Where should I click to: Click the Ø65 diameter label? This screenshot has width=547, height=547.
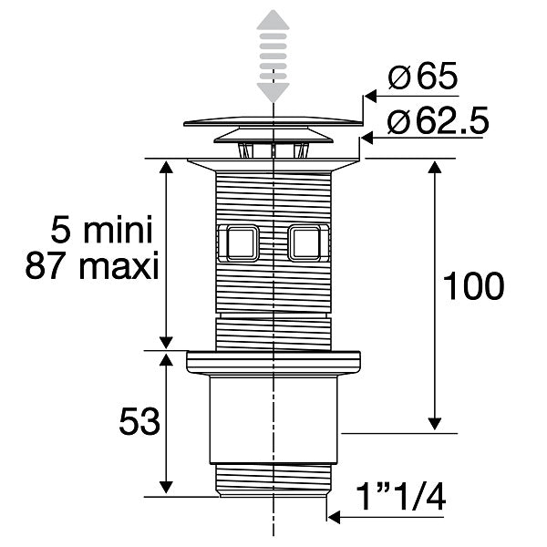[422, 76]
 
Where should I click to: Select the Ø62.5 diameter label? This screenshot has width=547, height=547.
[438, 120]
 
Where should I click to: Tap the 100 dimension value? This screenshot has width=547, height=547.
[473, 286]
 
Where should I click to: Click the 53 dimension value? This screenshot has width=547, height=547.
[139, 421]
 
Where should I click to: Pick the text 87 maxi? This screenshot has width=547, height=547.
[92, 265]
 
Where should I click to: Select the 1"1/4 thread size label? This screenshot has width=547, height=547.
[400, 496]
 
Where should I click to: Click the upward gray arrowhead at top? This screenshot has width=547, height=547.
[273, 19]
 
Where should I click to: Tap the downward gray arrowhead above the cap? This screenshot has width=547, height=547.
[273, 93]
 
